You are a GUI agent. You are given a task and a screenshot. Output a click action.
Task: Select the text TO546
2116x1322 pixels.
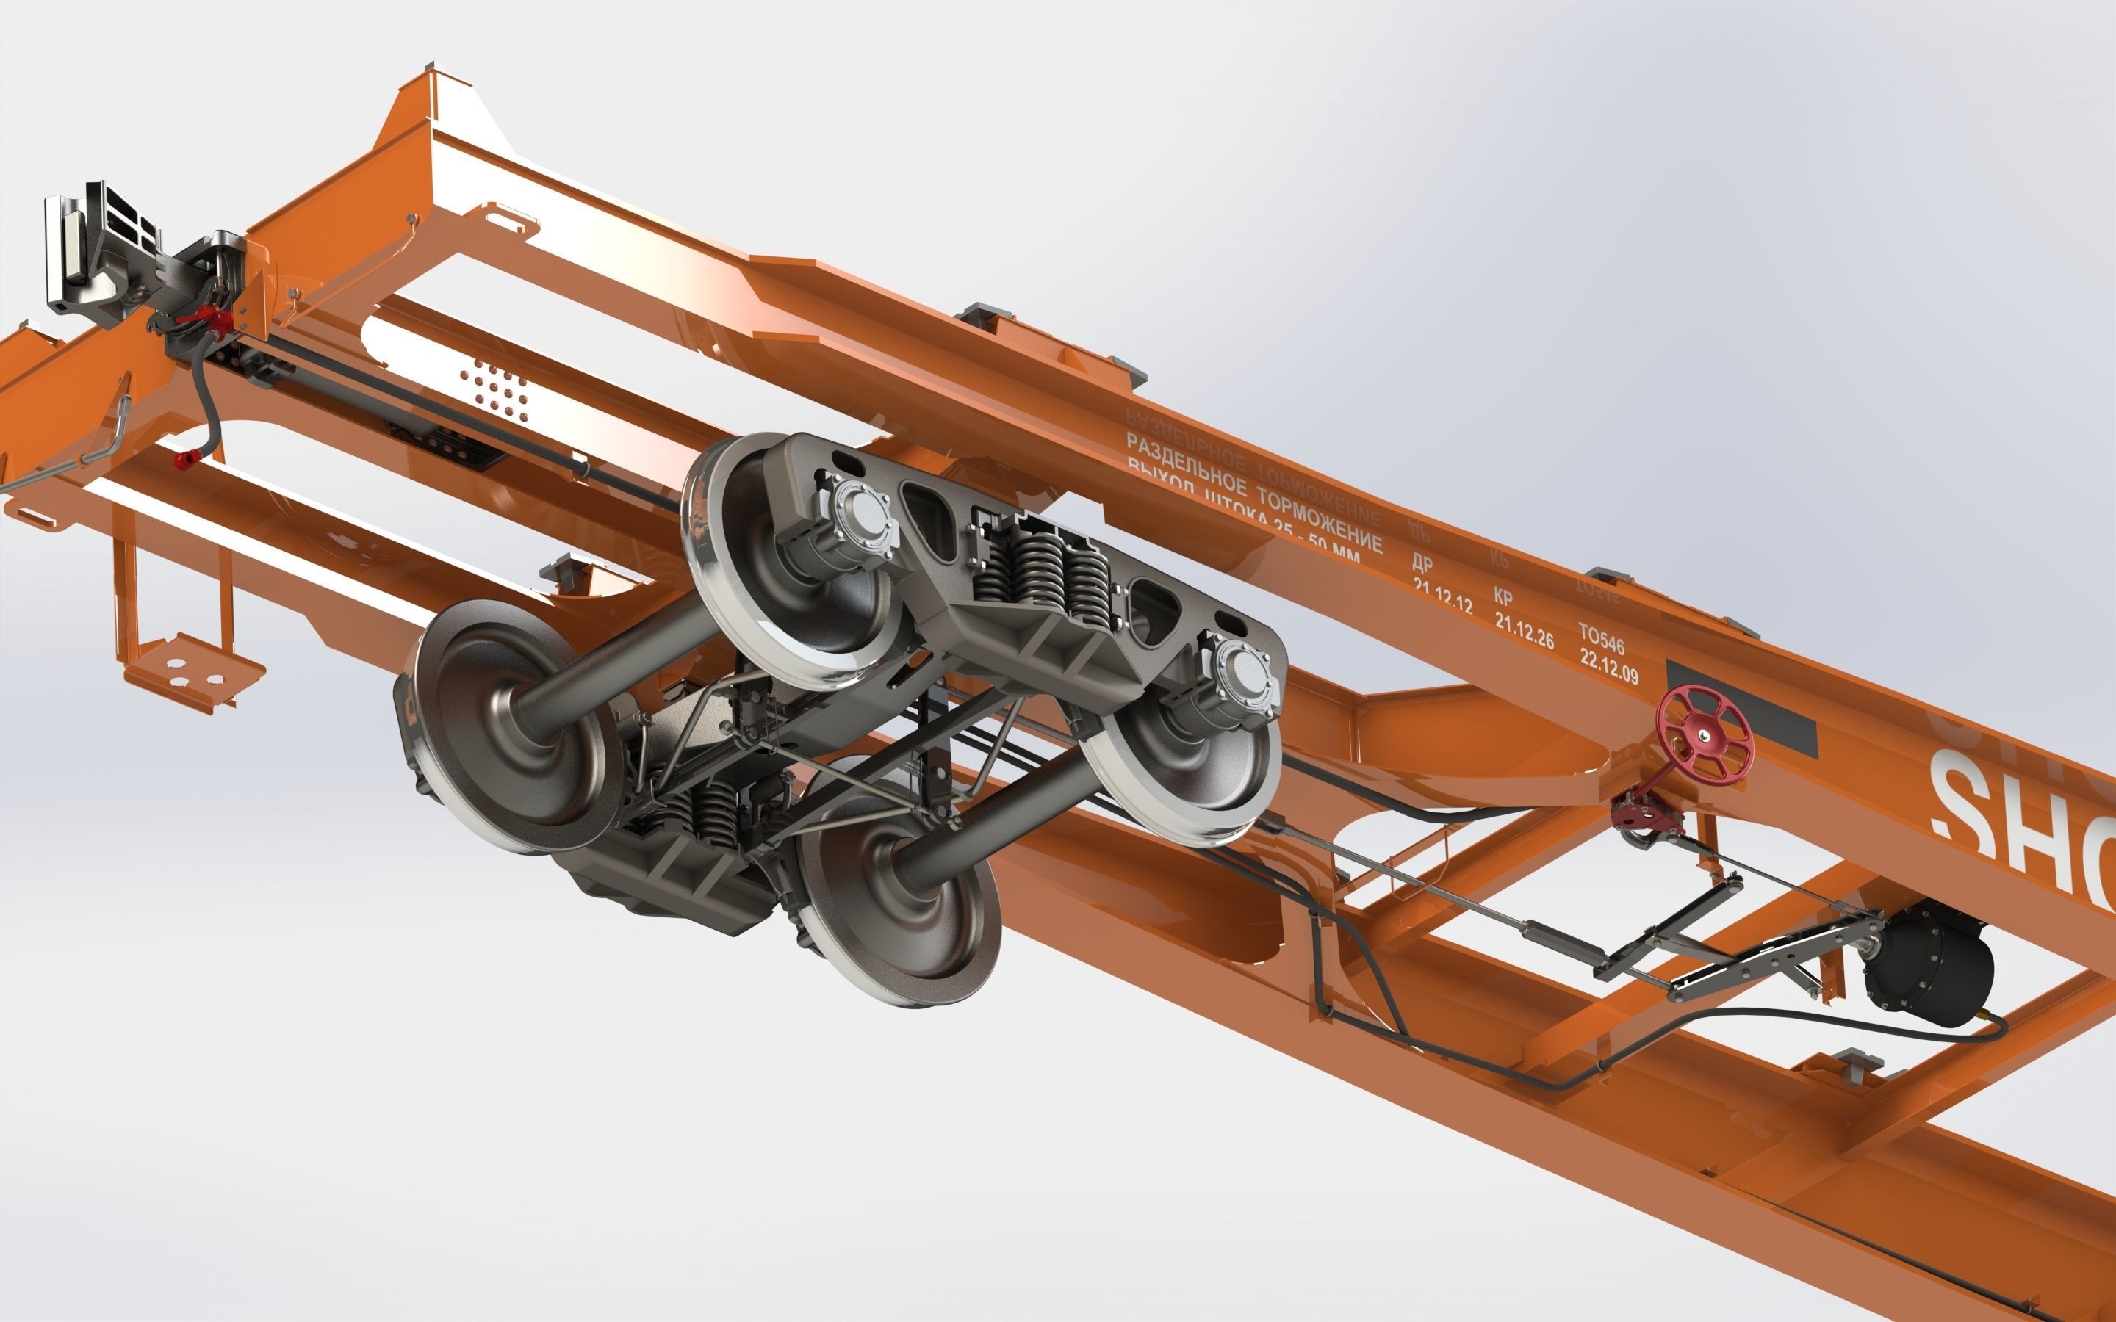pos(1601,639)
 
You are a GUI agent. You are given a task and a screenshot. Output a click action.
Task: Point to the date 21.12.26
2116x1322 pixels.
pos(1524,632)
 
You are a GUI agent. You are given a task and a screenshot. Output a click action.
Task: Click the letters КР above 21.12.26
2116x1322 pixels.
pos(1503,597)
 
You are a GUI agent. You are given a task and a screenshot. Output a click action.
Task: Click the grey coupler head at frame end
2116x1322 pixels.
pos(96,253)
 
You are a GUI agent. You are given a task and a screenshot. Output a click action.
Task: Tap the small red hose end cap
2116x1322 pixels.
pos(183,459)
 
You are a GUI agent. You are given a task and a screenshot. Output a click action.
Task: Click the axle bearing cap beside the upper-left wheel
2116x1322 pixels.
pos(861,523)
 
